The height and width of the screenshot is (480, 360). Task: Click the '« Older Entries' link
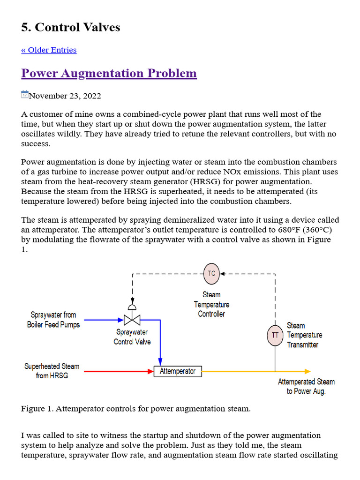point(49,50)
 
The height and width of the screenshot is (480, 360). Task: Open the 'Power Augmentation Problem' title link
point(109,74)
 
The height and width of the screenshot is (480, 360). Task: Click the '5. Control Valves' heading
point(70,27)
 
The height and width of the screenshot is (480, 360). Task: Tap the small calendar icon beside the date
point(25,95)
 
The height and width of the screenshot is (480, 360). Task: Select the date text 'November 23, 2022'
point(65,96)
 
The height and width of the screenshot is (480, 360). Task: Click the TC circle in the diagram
point(211,273)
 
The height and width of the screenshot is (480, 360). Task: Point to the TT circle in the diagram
point(275,335)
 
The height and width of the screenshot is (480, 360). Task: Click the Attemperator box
point(178,371)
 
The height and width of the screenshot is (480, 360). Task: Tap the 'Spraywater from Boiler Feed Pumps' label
point(53,320)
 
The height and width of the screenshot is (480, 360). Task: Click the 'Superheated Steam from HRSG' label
point(52,371)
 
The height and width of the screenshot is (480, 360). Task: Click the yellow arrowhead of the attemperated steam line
point(307,371)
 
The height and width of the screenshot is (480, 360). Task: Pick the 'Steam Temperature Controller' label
point(211,304)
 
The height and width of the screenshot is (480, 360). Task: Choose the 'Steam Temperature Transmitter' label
point(304,335)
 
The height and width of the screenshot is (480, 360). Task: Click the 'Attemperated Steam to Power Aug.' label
point(306,386)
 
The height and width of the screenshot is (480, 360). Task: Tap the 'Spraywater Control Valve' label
point(132,337)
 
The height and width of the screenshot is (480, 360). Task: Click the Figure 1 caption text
point(136,409)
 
